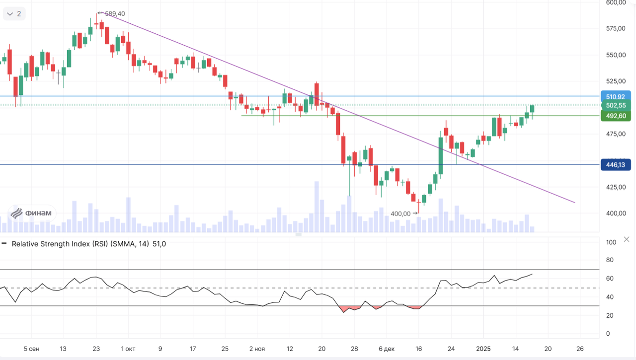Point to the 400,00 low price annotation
(x=400, y=214)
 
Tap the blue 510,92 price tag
(x=615, y=96)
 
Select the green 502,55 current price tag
(x=615, y=105)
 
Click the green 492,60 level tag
(x=615, y=116)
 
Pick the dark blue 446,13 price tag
(x=615, y=164)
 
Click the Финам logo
(x=32, y=214)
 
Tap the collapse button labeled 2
(x=14, y=14)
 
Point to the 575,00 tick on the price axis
(x=616, y=28)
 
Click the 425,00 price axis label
(x=616, y=187)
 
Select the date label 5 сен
(x=31, y=349)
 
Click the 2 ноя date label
(x=257, y=349)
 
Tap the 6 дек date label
(x=386, y=349)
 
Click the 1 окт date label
(x=128, y=349)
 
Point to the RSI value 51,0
(x=159, y=244)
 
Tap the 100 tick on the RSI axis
(x=612, y=242)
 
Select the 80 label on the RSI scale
(x=610, y=260)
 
